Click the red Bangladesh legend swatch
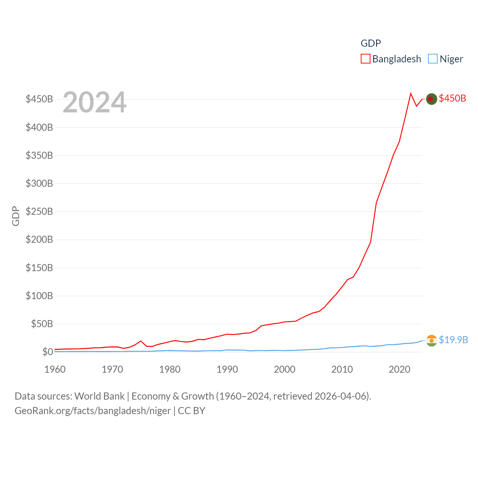(x=365, y=59)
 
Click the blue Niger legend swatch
(x=432, y=59)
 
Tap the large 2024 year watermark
(x=94, y=102)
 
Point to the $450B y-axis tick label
(x=39, y=99)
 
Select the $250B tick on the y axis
(x=39, y=211)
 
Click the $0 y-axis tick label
(x=47, y=352)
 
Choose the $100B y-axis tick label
(x=39, y=296)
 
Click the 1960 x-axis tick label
(x=55, y=369)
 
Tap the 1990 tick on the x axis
(x=227, y=369)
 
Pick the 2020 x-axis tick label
(x=399, y=369)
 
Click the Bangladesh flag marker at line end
(x=431, y=99)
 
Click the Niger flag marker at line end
(x=431, y=341)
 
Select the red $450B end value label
(x=452, y=98)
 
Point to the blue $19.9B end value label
(x=453, y=340)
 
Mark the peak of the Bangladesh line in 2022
(x=411, y=94)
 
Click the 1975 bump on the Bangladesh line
(x=141, y=341)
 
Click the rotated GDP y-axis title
(x=16, y=216)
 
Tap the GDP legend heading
(x=370, y=43)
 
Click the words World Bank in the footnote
(x=99, y=396)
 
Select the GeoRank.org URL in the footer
(x=93, y=411)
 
